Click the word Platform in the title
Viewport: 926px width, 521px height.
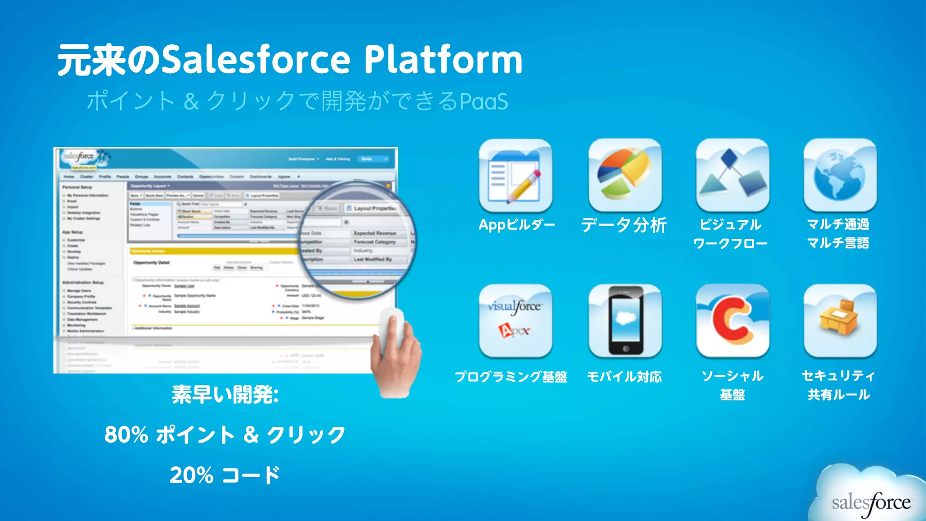[443, 60]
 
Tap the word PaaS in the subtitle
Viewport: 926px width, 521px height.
[484, 101]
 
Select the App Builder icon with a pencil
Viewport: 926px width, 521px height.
[515, 175]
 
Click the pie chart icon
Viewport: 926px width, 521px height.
[625, 175]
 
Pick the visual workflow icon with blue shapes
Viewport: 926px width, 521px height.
[732, 175]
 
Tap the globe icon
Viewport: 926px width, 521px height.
[840, 175]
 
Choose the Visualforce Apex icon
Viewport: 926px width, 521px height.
[515, 321]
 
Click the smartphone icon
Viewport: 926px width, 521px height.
[625, 321]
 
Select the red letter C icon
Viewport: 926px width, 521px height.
[732, 321]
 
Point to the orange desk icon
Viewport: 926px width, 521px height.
[840, 321]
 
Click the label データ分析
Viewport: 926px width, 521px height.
[624, 225]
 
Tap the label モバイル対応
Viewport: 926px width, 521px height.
[624, 376]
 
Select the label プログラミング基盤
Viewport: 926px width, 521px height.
[511, 376]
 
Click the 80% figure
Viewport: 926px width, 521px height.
[126, 435]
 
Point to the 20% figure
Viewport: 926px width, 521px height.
[191, 475]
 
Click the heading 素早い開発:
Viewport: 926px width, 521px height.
[225, 394]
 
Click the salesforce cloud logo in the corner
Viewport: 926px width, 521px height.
[870, 500]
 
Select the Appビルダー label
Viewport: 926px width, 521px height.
[517, 225]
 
